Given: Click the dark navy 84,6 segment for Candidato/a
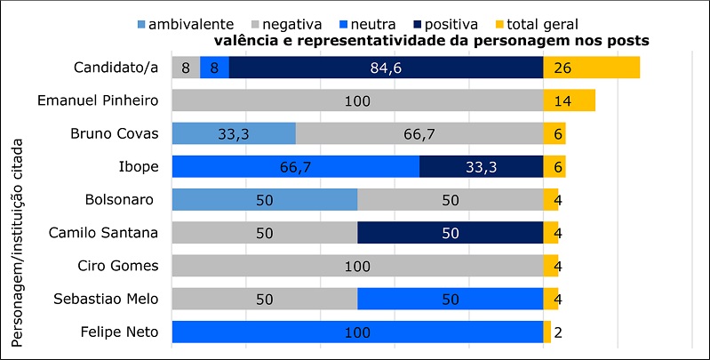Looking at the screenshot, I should coord(386,68).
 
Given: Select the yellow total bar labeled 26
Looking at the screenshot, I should coord(591,68).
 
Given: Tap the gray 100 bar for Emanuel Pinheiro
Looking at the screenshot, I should coord(356,100).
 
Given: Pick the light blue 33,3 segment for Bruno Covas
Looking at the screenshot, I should coord(233,133).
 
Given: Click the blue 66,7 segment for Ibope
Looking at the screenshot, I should coord(295,166).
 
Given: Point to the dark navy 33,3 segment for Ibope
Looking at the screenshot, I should coord(481,166).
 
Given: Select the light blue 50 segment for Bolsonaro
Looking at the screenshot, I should coord(264,199).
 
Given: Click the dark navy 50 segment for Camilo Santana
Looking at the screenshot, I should coord(450,232).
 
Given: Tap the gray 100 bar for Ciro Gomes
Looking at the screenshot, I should coord(356,265).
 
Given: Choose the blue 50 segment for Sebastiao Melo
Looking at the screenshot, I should coord(450,298).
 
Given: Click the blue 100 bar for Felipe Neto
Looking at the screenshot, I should coord(356,331).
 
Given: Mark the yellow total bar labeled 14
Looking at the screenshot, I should coord(569,100).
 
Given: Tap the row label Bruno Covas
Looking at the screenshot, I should coord(115,133).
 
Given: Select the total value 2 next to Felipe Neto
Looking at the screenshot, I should coord(557,332).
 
